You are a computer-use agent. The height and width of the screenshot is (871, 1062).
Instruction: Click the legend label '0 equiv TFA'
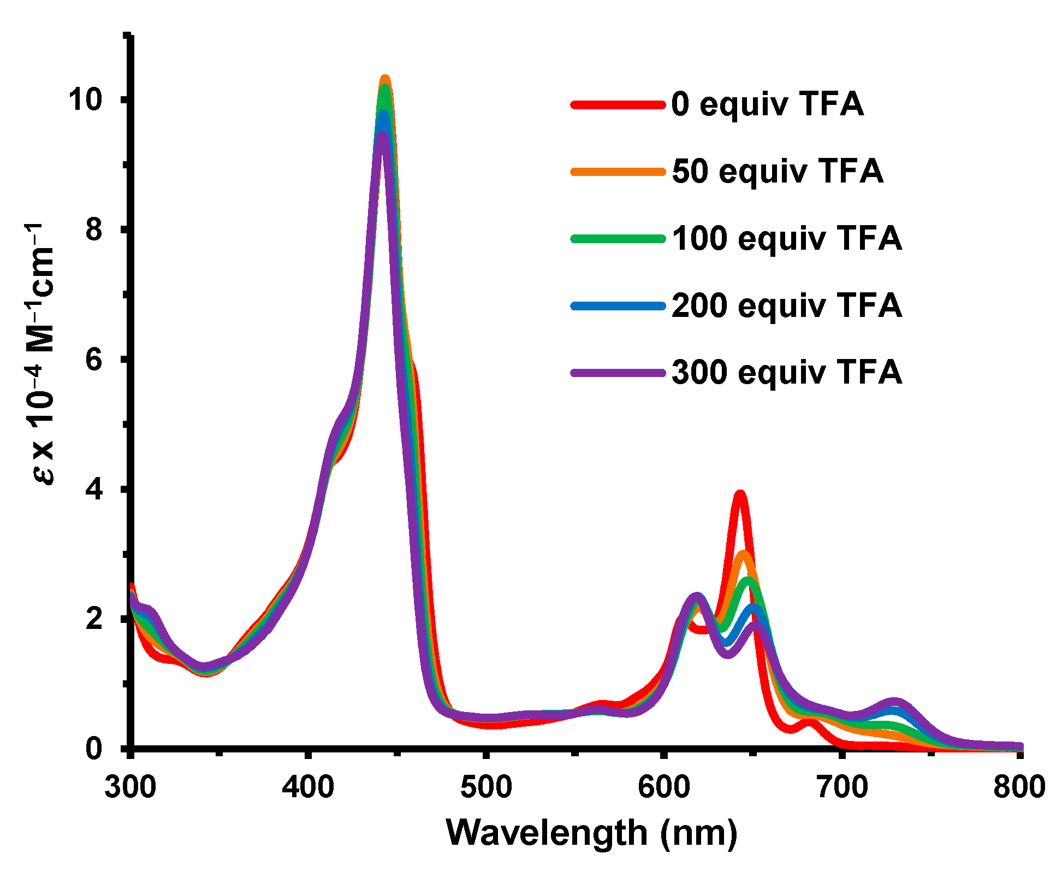[x=767, y=104]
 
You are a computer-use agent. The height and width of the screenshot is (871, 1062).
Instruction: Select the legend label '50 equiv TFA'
[x=777, y=172]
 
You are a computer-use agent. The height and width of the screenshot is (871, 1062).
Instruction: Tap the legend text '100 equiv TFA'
[x=786, y=239]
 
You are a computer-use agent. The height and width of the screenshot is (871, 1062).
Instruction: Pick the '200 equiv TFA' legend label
[x=786, y=306]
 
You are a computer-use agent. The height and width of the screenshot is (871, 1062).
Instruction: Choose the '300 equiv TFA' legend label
[x=786, y=373]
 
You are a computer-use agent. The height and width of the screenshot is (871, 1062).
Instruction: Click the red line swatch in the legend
[x=618, y=104]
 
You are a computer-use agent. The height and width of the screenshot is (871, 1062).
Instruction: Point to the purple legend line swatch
[x=618, y=373]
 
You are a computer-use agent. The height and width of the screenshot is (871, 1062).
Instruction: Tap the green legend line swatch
[x=618, y=239]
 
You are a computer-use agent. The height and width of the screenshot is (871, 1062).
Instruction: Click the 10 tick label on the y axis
[x=85, y=100]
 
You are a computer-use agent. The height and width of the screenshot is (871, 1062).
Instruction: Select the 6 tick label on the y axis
[x=94, y=360]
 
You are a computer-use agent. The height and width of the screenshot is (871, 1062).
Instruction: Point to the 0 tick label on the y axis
[x=94, y=748]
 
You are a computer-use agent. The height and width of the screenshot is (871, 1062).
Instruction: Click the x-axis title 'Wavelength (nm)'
[x=592, y=833]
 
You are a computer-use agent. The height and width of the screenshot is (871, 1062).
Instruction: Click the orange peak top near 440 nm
[x=385, y=78]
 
